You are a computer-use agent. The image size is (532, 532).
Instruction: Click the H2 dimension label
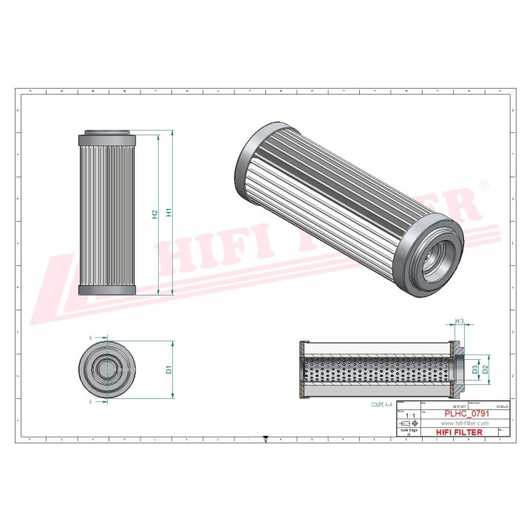(x=154, y=214)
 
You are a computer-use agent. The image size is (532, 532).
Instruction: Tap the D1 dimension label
(x=169, y=369)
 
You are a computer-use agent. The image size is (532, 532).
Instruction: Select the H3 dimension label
(x=459, y=321)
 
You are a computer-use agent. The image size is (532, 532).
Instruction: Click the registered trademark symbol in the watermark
(x=484, y=183)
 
